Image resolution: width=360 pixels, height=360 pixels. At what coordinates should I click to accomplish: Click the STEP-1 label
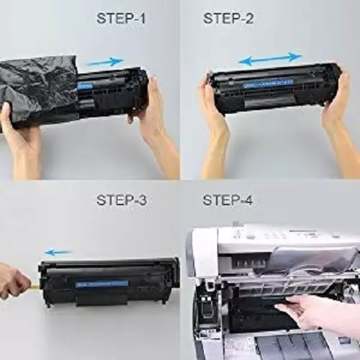120,18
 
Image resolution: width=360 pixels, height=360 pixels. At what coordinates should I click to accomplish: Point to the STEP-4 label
228,199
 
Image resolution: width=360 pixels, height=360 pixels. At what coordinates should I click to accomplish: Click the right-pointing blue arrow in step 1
106,62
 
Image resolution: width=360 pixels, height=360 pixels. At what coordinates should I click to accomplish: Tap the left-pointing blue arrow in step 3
59,252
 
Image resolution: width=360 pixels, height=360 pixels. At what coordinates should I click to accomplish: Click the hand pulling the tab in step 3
13,281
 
